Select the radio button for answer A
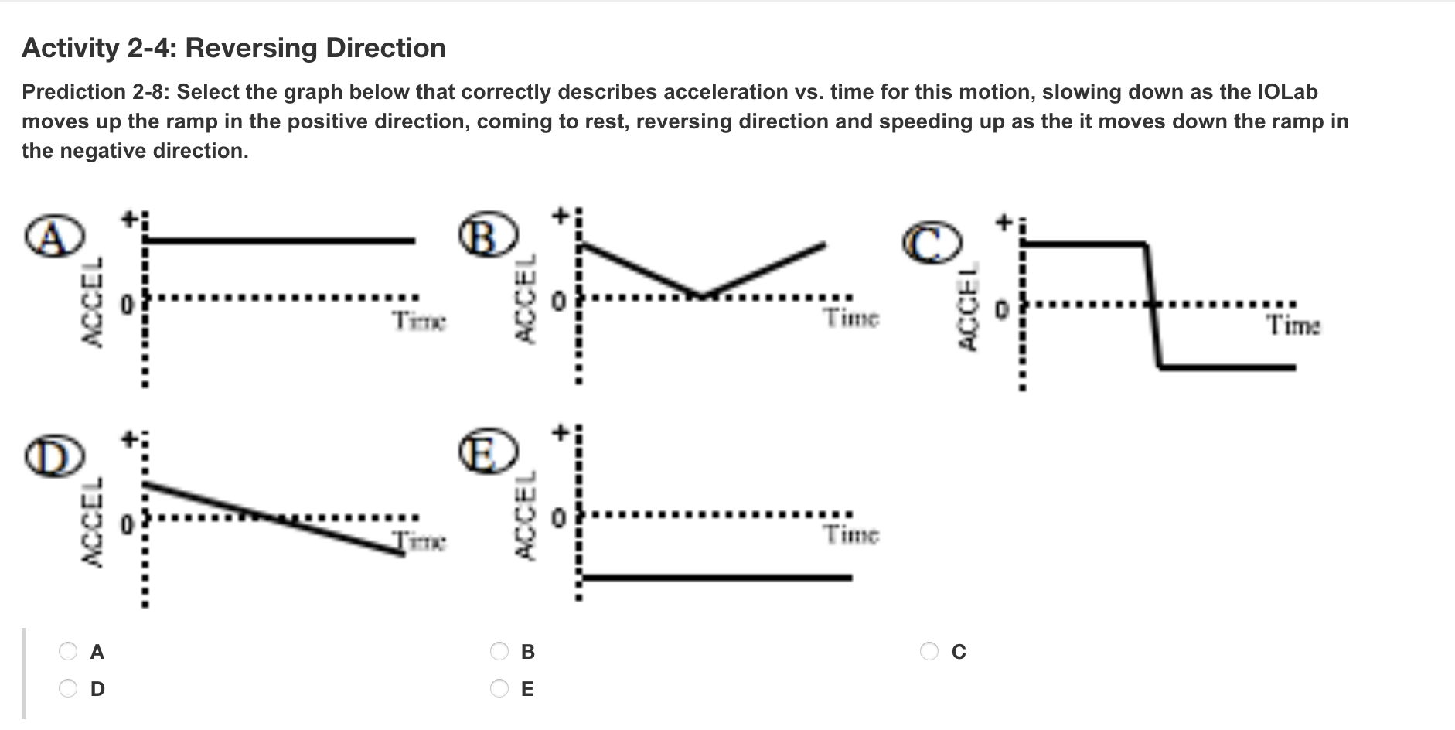pyautogui.click(x=69, y=652)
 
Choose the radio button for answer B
pyautogui.click(x=500, y=652)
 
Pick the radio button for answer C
pyautogui.click(x=929, y=652)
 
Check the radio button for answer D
pyautogui.click(x=69, y=688)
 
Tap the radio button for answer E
pyautogui.click(x=500, y=688)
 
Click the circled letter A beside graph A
pyautogui.click(x=53, y=237)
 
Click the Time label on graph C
pyautogui.click(x=1293, y=326)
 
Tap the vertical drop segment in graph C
pyautogui.click(x=1153, y=305)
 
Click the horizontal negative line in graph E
pyautogui.click(x=717, y=578)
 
